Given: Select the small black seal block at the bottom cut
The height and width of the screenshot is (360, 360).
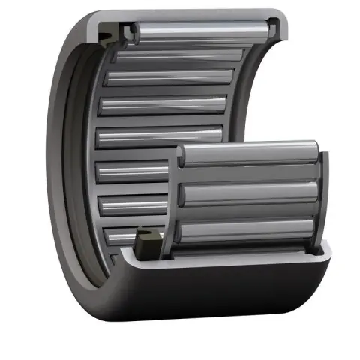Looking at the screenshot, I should pyautogui.click(x=150, y=241).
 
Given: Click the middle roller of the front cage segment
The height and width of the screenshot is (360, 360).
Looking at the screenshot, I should pyautogui.click(x=251, y=194).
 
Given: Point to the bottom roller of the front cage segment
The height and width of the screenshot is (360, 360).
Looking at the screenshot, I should pyautogui.click(x=251, y=230).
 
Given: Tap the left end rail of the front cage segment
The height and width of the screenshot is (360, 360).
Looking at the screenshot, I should pyautogui.click(x=179, y=199).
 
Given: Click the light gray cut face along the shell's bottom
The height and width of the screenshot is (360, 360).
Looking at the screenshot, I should pyautogui.click(x=225, y=257).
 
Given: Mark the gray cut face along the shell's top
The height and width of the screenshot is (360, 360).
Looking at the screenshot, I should pyautogui.click(x=187, y=16).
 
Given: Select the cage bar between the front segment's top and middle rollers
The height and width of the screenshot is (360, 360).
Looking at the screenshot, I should pyautogui.click(x=251, y=175).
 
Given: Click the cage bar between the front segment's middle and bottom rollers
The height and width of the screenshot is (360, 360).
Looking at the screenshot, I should pyautogui.click(x=251, y=212).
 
